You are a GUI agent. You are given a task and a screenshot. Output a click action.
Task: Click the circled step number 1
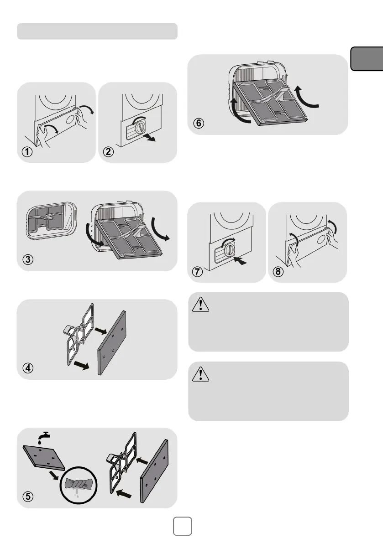28,153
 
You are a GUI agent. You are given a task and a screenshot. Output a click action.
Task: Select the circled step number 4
28,369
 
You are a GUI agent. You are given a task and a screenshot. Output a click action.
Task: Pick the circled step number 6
199,124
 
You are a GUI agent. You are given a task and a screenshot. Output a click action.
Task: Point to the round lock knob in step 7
231,248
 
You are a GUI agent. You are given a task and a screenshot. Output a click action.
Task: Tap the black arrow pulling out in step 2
147,137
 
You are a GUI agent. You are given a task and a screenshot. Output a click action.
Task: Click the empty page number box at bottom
183,526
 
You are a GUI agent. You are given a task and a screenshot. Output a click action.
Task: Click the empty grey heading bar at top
97,31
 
